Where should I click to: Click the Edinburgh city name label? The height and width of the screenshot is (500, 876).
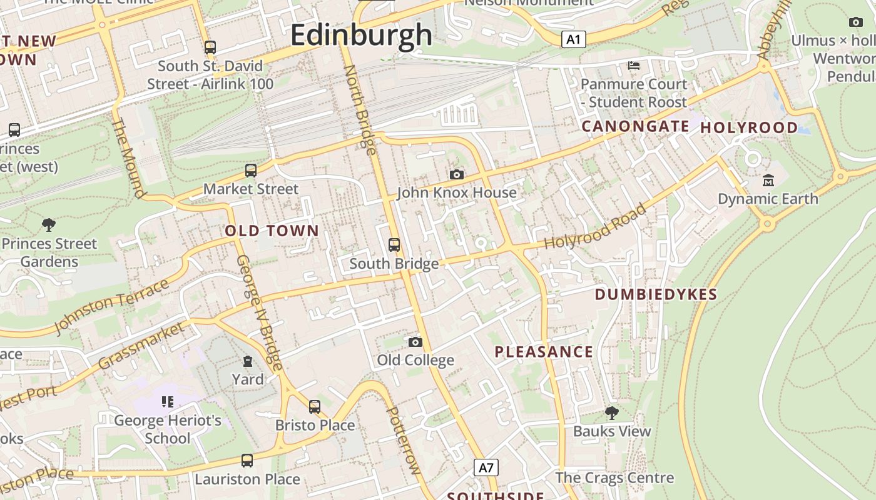(361, 35)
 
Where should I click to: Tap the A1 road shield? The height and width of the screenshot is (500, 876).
(573, 40)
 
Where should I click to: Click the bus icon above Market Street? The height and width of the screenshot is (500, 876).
(251, 170)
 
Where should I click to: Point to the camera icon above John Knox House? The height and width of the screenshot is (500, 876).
(457, 174)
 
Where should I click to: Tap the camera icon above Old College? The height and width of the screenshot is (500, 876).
(415, 342)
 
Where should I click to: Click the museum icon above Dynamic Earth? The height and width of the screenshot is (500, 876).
(768, 181)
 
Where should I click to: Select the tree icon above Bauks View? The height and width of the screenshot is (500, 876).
(612, 412)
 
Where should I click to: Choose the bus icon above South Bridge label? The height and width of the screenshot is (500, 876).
(394, 245)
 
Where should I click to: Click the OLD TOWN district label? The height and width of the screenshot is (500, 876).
(272, 231)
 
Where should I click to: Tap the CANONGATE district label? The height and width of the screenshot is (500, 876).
(635, 126)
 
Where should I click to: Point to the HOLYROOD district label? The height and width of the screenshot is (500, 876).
(749, 127)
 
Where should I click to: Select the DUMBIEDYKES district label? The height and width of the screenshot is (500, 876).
(656, 294)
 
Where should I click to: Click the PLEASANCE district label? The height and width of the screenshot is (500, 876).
(544, 352)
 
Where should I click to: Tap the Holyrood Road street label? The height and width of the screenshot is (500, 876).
(594, 226)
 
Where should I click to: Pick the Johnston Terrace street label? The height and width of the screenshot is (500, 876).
(111, 306)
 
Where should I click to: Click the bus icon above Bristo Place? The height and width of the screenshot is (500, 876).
(315, 407)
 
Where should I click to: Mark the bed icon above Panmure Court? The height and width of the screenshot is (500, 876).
(633, 66)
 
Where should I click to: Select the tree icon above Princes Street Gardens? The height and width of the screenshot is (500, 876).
(49, 225)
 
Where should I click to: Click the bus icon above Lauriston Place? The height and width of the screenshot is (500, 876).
(247, 461)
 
